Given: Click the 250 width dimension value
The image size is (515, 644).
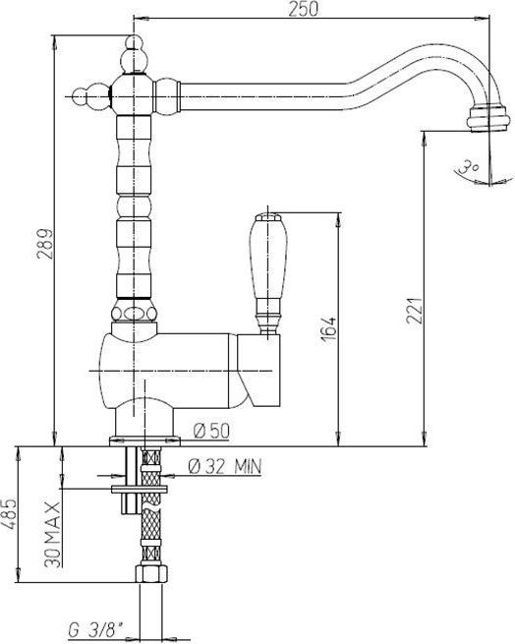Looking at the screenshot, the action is [x=303, y=9].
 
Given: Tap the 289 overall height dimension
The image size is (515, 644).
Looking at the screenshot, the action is [x=45, y=243].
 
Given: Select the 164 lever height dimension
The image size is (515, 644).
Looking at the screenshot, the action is [x=328, y=327].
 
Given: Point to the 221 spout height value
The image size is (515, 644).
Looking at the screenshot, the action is [x=415, y=311].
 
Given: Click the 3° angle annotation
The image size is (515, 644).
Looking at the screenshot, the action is [x=469, y=167].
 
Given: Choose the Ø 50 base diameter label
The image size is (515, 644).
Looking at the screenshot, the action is [x=211, y=431].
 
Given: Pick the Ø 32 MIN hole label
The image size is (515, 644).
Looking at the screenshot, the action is [x=224, y=467].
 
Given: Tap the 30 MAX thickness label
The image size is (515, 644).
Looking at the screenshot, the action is [x=52, y=534].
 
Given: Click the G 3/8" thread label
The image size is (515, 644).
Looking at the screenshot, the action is [x=95, y=628].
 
